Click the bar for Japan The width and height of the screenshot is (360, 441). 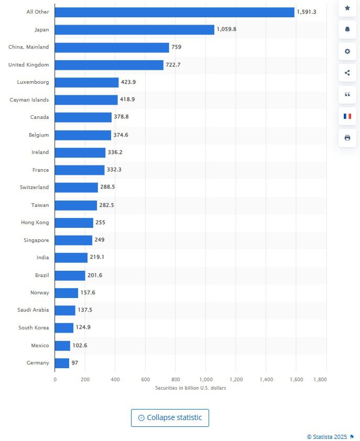click(x=134, y=29)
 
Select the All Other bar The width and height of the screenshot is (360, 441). click(x=174, y=12)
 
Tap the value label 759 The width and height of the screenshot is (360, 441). click(x=177, y=47)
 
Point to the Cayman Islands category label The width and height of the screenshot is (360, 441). click(x=29, y=100)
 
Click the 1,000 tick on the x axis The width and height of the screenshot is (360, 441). click(x=206, y=379)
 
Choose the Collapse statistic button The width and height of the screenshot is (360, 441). click(x=170, y=417)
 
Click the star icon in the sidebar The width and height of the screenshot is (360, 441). click(x=347, y=8)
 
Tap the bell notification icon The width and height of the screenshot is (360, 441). click(x=347, y=29)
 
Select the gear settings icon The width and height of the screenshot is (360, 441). click(x=347, y=51)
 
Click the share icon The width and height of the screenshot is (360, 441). click(x=347, y=73)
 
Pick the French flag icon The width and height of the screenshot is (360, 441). click(x=347, y=116)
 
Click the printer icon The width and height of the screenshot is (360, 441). click(x=347, y=138)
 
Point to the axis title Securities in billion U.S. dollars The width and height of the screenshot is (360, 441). click(x=191, y=388)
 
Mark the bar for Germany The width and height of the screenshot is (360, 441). click(x=62, y=363)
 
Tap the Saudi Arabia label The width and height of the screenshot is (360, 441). click(x=33, y=310)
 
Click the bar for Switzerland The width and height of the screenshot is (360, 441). click(x=76, y=188)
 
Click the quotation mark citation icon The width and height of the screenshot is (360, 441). click(x=347, y=94)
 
